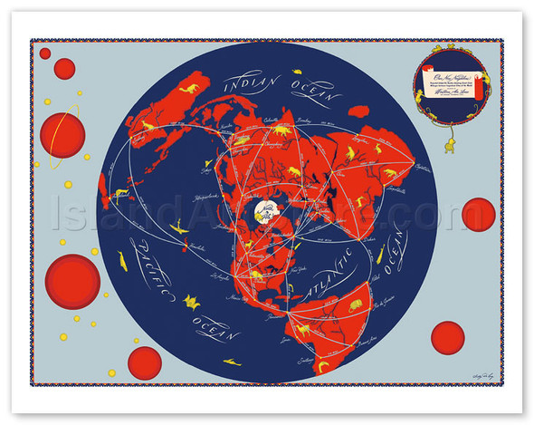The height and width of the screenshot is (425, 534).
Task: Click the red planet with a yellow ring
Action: tap(62, 135)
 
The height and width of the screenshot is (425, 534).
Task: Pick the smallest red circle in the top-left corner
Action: tap(45, 53)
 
